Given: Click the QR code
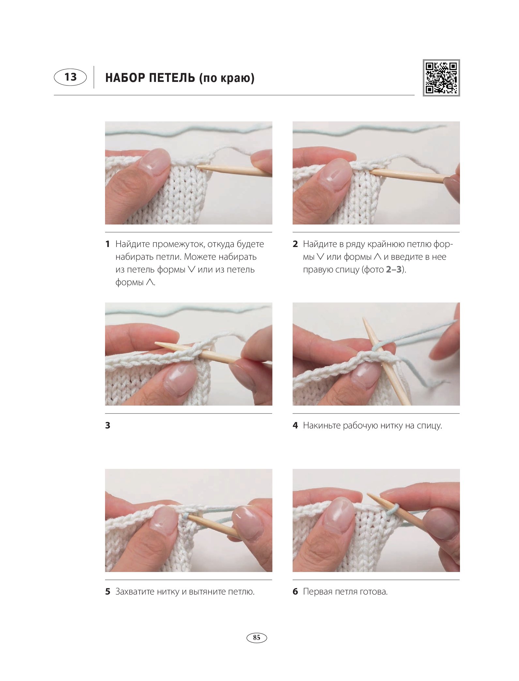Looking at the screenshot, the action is click(x=441, y=78).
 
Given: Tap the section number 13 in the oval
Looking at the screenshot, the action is click(x=70, y=77).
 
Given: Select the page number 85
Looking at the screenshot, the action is click(x=257, y=637).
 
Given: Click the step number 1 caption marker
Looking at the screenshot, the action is click(x=107, y=244).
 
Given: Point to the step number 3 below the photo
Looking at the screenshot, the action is click(x=108, y=425).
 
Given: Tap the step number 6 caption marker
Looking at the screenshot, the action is click(x=295, y=591).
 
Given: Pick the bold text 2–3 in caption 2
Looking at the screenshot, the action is click(x=394, y=269).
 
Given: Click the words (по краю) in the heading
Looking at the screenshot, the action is click(x=227, y=78).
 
